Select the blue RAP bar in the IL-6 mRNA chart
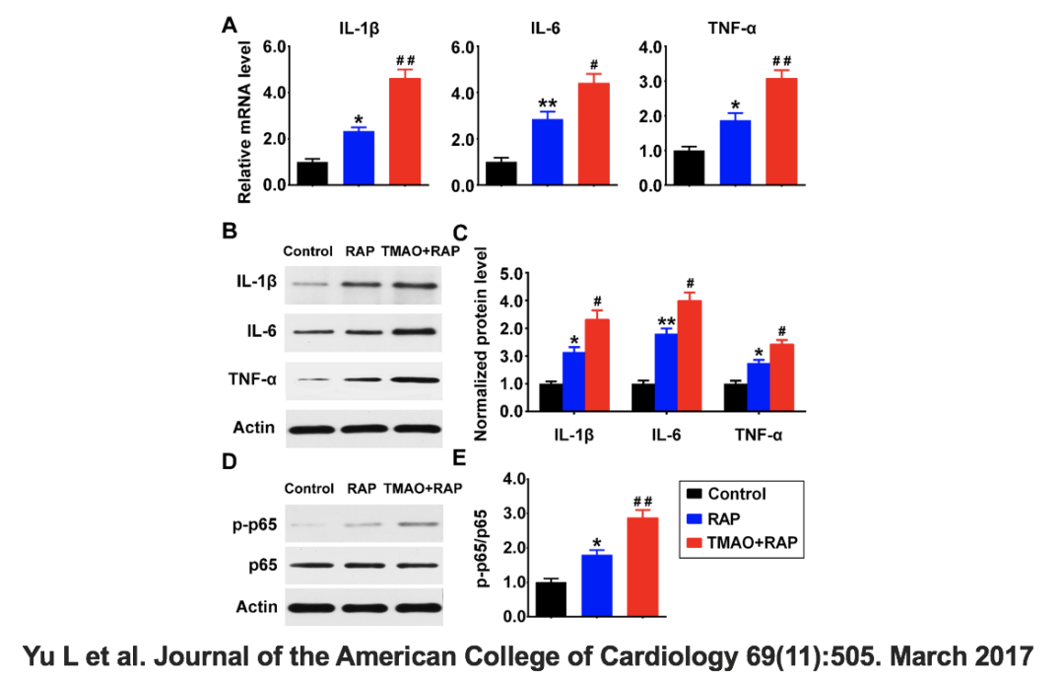(x=548, y=152)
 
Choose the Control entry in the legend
(x=735, y=495)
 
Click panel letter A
(x=229, y=27)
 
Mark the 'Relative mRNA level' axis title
(x=245, y=121)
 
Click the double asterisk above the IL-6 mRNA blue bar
(x=548, y=104)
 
